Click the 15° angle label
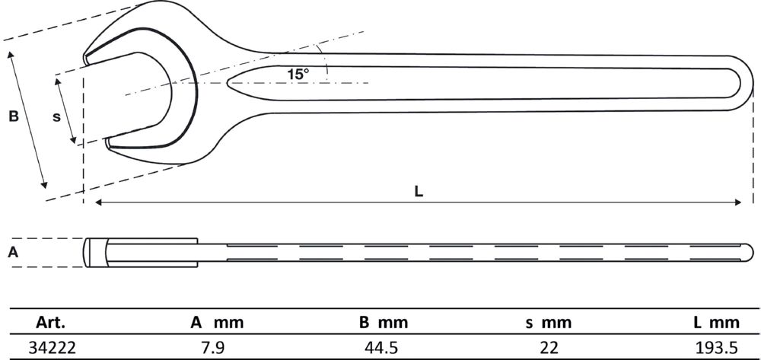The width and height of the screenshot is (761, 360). pyautogui.click(x=298, y=74)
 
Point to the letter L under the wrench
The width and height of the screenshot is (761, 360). pyautogui.click(x=419, y=191)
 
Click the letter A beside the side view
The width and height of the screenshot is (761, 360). pyautogui.click(x=13, y=253)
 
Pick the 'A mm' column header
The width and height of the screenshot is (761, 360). pyautogui.click(x=217, y=323)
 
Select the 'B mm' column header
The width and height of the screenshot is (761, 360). pyautogui.click(x=384, y=323)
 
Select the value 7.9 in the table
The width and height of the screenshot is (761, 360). pyautogui.click(x=217, y=347)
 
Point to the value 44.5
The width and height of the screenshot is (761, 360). pyautogui.click(x=384, y=347)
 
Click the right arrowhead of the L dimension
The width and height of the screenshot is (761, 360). pyautogui.click(x=738, y=202)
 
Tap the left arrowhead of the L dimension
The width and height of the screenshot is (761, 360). pyautogui.click(x=98, y=202)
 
